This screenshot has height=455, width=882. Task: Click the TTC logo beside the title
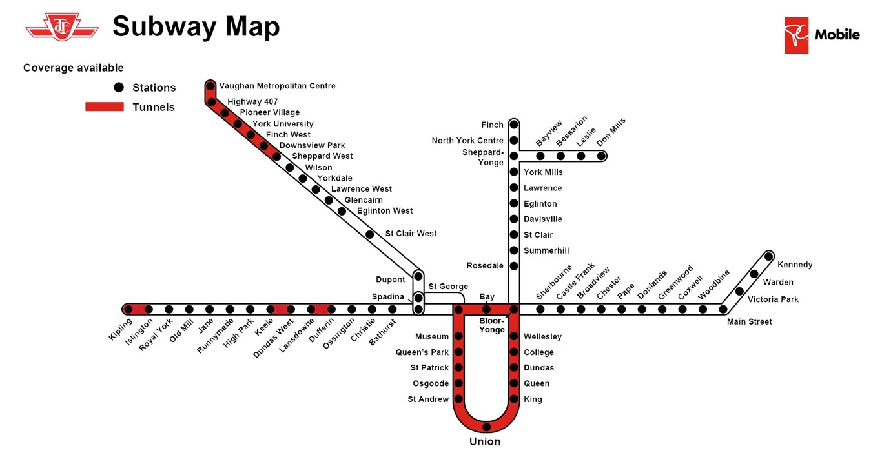pos(62,26)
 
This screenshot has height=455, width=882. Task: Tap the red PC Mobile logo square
pos(796,35)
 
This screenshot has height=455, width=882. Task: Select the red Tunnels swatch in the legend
pos(105,106)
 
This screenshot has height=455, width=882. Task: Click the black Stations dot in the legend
pos(119,87)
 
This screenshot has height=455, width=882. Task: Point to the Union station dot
pos(486,427)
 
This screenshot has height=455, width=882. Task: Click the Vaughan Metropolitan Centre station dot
pos(210,85)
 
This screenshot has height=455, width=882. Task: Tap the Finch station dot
pos(514,125)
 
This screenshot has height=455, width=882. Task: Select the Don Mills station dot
pos(601,156)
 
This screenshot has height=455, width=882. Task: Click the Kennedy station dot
pos(768,257)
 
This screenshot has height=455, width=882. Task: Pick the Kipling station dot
pos(128,310)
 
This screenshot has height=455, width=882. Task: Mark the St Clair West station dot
pos(369,234)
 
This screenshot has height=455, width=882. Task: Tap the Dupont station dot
pos(418,276)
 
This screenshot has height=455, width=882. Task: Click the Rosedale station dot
pos(514,266)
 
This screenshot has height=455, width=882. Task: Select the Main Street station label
pos(749,322)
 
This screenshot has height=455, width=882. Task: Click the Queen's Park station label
pos(422,352)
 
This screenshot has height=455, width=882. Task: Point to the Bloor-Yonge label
pos(492,325)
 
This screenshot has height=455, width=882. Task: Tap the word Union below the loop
pos(485,441)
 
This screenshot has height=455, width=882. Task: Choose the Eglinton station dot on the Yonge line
pos(514,203)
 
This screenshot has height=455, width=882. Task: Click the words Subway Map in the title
pos(196,26)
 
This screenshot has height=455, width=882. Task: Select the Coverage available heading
pos(74,68)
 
